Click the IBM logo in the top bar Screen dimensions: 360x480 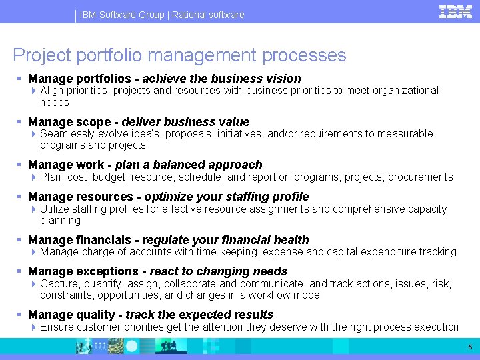point(456,12)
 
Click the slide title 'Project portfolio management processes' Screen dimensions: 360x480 point(179,55)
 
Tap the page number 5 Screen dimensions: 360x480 point(469,347)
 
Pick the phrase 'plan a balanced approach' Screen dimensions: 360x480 point(189,165)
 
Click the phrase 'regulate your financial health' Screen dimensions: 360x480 point(225,240)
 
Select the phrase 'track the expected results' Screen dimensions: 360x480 point(199,315)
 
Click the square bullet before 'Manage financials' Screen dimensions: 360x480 point(21,240)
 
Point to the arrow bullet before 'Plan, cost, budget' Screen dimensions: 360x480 point(34,177)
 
